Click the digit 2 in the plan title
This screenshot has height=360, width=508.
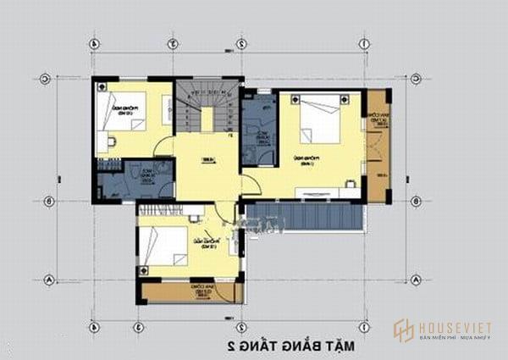pos(230,346)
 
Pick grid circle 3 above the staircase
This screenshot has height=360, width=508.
pos(172,43)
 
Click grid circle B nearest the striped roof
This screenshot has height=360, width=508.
pos(416,201)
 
